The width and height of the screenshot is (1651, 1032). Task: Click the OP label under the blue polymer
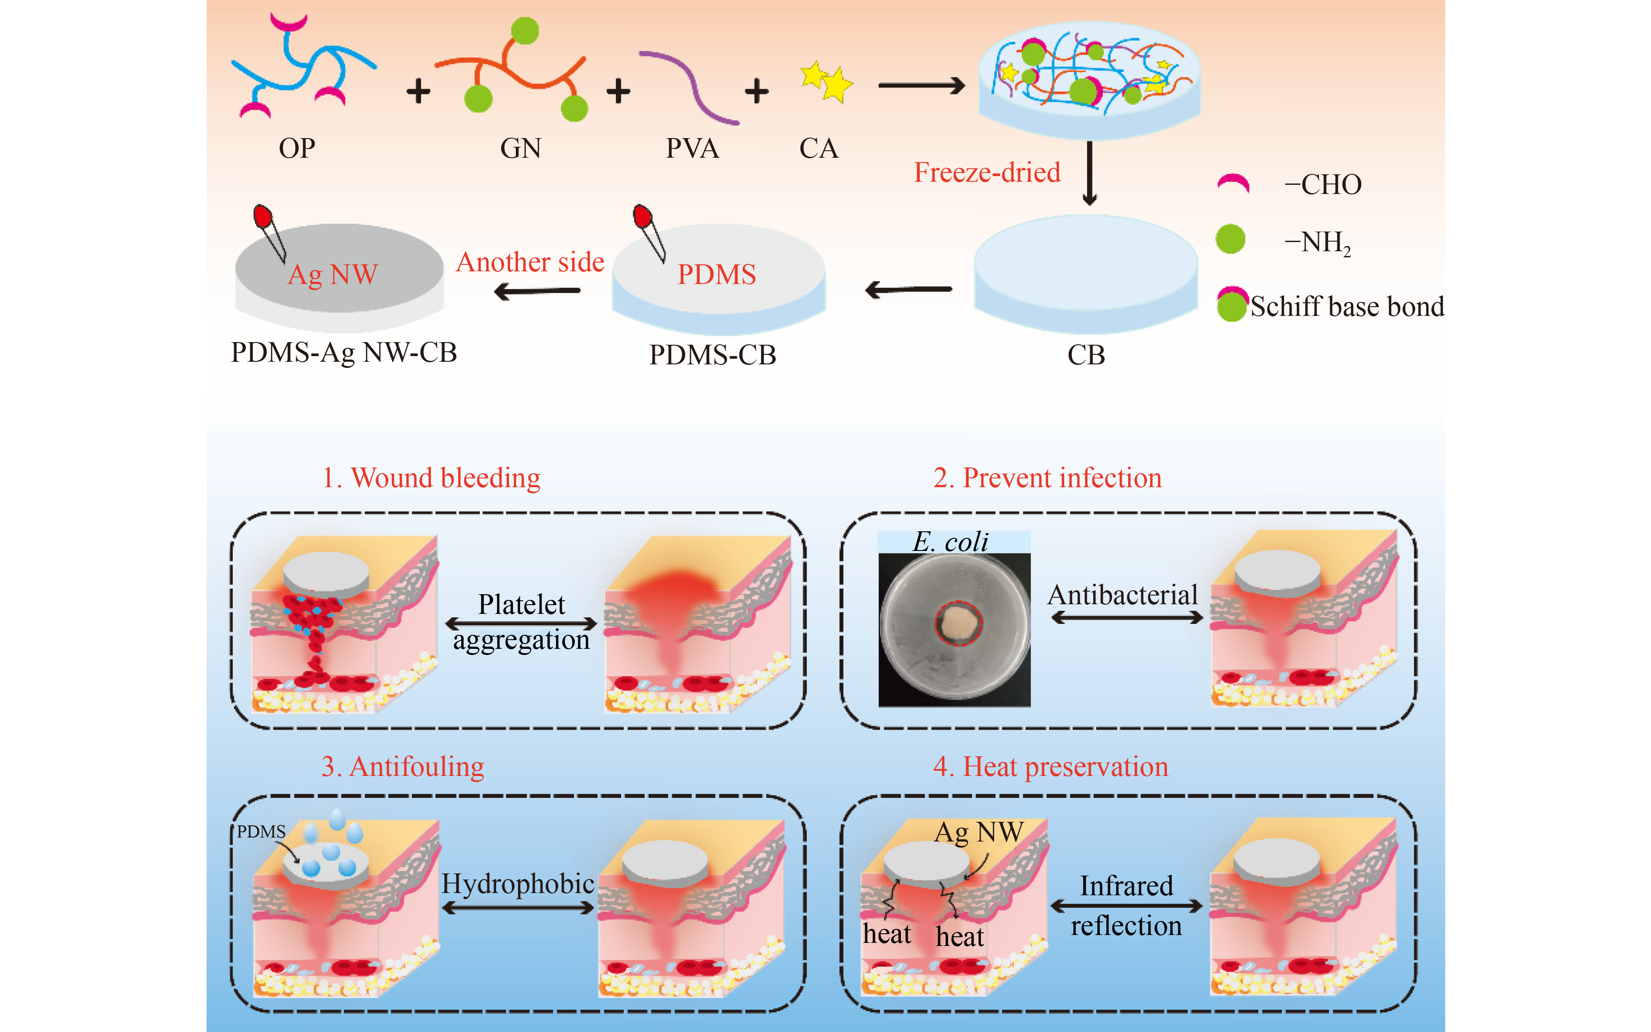(297, 148)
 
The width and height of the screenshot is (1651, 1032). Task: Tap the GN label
(521, 148)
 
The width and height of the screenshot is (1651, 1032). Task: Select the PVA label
(692, 148)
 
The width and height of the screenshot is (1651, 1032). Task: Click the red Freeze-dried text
(987, 172)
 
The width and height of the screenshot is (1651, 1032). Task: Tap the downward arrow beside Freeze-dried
(1089, 173)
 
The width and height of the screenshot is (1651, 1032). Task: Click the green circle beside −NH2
(1231, 239)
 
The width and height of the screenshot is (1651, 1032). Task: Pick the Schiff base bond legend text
(1347, 306)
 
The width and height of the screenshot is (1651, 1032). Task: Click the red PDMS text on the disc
(716, 274)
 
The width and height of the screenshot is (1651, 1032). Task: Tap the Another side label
(530, 262)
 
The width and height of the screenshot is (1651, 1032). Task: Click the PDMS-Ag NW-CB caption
(344, 352)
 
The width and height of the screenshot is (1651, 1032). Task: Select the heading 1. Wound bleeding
(431, 478)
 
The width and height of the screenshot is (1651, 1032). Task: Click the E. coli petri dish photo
(954, 628)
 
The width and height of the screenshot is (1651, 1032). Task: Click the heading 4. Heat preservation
(1050, 766)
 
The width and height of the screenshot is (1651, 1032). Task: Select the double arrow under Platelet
(521, 623)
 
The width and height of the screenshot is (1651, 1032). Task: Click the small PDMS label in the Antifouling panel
(261, 832)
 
